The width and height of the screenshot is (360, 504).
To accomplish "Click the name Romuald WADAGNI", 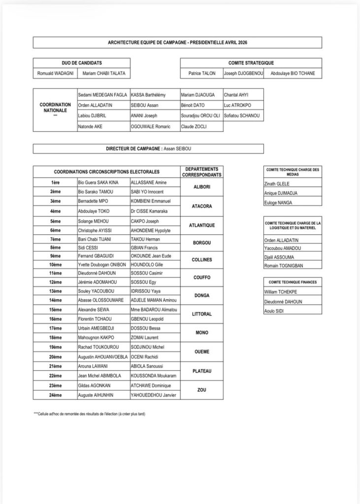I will [x=54, y=74].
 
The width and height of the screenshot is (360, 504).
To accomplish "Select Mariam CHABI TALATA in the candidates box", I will [x=104, y=74].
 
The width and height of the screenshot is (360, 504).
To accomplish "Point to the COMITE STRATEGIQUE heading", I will [x=251, y=63].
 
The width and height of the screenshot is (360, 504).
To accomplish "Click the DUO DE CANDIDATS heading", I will [x=82, y=63].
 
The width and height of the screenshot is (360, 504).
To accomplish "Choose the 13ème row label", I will [x=55, y=291].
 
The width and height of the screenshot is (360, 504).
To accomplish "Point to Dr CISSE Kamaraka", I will [x=150, y=211].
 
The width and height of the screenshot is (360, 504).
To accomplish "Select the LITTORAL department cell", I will [x=202, y=314].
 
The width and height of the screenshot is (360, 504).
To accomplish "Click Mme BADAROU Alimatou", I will [x=154, y=310].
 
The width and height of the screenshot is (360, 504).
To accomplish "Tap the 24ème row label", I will [x=55, y=395].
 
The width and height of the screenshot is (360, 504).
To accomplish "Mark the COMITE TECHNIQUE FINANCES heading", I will [x=293, y=283].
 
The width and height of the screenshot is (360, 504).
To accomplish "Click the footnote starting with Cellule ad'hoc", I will [x=89, y=414].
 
